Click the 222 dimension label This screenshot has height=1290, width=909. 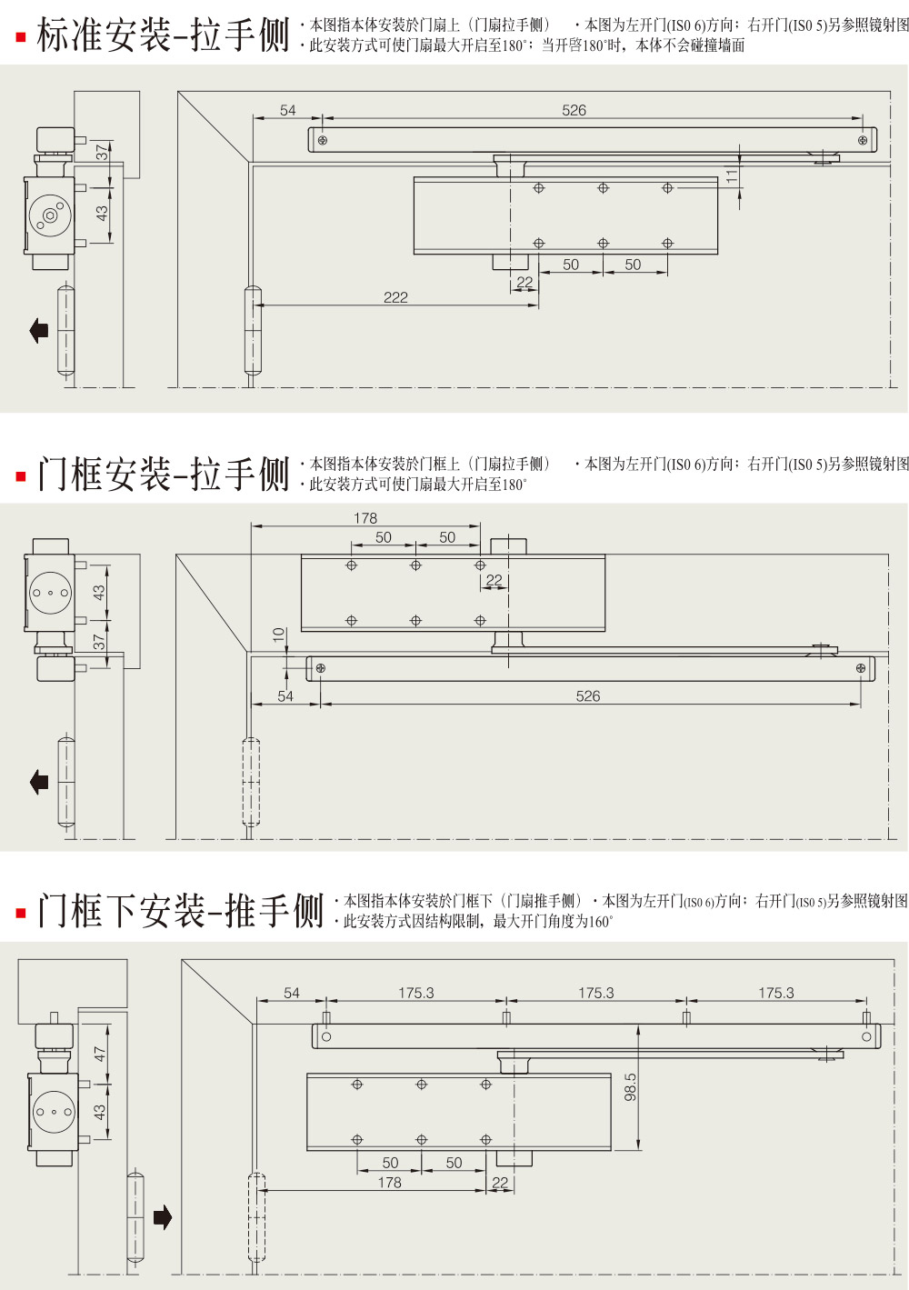(x=395, y=297)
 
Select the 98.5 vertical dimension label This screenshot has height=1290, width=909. (x=630, y=1087)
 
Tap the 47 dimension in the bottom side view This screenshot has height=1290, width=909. (x=100, y=1054)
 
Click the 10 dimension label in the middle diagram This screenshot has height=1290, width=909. (x=279, y=635)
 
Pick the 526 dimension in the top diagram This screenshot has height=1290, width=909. (x=574, y=110)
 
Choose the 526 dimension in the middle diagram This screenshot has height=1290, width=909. (x=587, y=696)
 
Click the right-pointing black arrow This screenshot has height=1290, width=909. (x=163, y=1217)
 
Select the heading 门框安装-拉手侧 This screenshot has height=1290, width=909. (x=163, y=475)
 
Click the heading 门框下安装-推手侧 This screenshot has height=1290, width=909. (x=180, y=911)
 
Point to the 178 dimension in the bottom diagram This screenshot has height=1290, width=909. (x=389, y=1182)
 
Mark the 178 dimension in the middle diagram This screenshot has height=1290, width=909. (x=365, y=518)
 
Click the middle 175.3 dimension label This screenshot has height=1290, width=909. (x=595, y=993)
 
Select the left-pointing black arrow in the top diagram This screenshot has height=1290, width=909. (x=39, y=330)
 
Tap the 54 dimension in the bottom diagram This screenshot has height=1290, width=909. (x=291, y=993)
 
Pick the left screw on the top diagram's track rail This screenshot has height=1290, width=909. (x=322, y=140)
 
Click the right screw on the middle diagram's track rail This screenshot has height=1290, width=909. (x=861, y=669)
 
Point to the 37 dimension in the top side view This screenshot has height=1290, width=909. (x=102, y=153)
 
